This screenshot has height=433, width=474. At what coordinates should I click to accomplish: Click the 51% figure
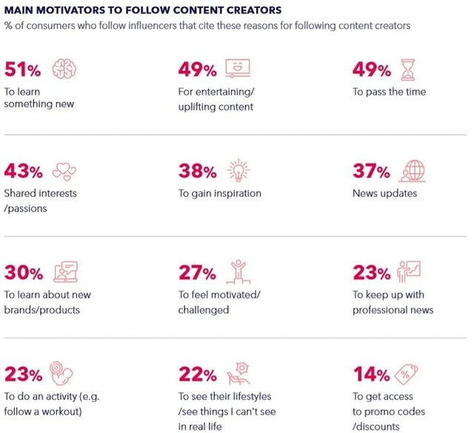(x=23, y=70)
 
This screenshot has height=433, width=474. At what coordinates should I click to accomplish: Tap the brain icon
(x=64, y=70)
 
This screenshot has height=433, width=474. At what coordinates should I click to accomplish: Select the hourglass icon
(x=408, y=69)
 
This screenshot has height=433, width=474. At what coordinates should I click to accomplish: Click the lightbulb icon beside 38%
(x=238, y=170)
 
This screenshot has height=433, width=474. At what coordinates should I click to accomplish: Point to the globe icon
(x=411, y=170)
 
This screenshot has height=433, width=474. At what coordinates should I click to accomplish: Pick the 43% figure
(x=24, y=172)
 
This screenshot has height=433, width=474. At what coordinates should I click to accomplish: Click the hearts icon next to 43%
(x=65, y=172)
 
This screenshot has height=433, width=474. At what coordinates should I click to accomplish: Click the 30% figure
(x=24, y=273)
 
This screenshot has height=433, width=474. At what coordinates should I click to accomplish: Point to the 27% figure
(x=197, y=273)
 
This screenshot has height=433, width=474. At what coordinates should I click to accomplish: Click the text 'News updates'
(x=385, y=193)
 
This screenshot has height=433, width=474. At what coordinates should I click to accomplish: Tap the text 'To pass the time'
(x=390, y=92)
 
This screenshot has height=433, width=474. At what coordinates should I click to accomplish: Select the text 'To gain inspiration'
(x=220, y=193)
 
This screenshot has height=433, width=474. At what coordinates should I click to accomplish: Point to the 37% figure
(x=371, y=172)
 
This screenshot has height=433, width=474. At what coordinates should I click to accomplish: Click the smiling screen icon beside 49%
(x=238, y=69)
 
